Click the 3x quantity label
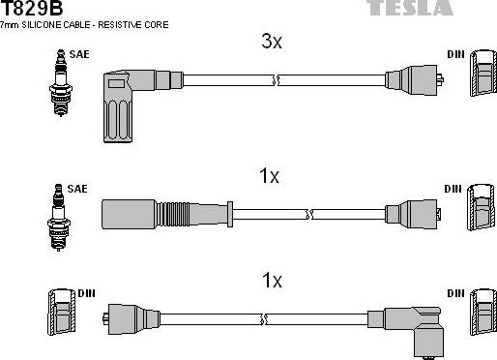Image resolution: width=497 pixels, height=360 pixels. (x=272, y=42)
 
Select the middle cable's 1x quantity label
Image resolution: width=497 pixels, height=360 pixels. (x=269, y=176)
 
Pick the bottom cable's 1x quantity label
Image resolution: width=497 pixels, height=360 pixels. (x=272, y=281)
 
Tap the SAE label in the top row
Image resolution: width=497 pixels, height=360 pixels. (x=79, y=55)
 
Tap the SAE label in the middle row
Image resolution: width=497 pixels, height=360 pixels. (x=77, y=187)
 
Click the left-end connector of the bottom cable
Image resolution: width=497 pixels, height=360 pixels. (x=128, y=316)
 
